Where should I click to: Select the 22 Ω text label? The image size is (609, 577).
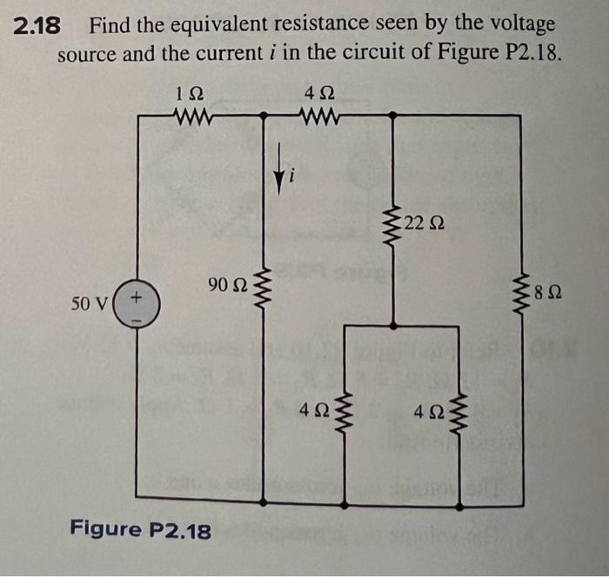coord(425,225)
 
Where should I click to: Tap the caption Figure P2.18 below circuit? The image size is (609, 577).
coord(139,529)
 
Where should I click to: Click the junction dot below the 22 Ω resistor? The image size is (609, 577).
coord(394,326)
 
